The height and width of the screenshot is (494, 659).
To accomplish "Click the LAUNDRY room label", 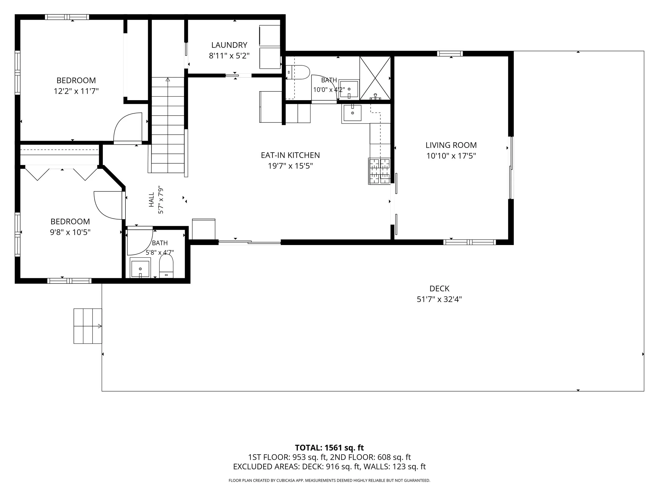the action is [x=229, y=45].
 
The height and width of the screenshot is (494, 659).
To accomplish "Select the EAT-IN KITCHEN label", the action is [x=290, y=155].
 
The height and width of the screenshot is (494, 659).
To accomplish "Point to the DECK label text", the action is [x=439, y=288].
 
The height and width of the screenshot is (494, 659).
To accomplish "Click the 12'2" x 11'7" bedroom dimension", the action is [x=76, y=91].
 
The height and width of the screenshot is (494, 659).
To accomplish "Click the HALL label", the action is [x=151, y=199].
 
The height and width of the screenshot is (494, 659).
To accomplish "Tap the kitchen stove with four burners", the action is [x=380, y=171].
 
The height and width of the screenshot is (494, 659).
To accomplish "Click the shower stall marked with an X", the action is [x=375, y=78].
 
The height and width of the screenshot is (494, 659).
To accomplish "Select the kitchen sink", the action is [x=352, y=113].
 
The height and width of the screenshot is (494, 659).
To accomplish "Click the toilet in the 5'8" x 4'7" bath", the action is [x=166, y=266].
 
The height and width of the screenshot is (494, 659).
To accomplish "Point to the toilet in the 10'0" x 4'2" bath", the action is [x=298, y=72].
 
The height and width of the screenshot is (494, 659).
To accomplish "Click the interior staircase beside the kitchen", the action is [x=168, y=125].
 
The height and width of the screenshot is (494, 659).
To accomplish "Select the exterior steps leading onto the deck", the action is [x=88, y=326].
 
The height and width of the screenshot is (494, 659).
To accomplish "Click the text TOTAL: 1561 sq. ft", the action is [x=329, y=448].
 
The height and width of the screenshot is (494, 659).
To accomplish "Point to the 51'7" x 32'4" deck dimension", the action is [x=439, y=299].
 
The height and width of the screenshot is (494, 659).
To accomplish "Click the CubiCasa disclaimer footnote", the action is [x=329, y=480].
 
